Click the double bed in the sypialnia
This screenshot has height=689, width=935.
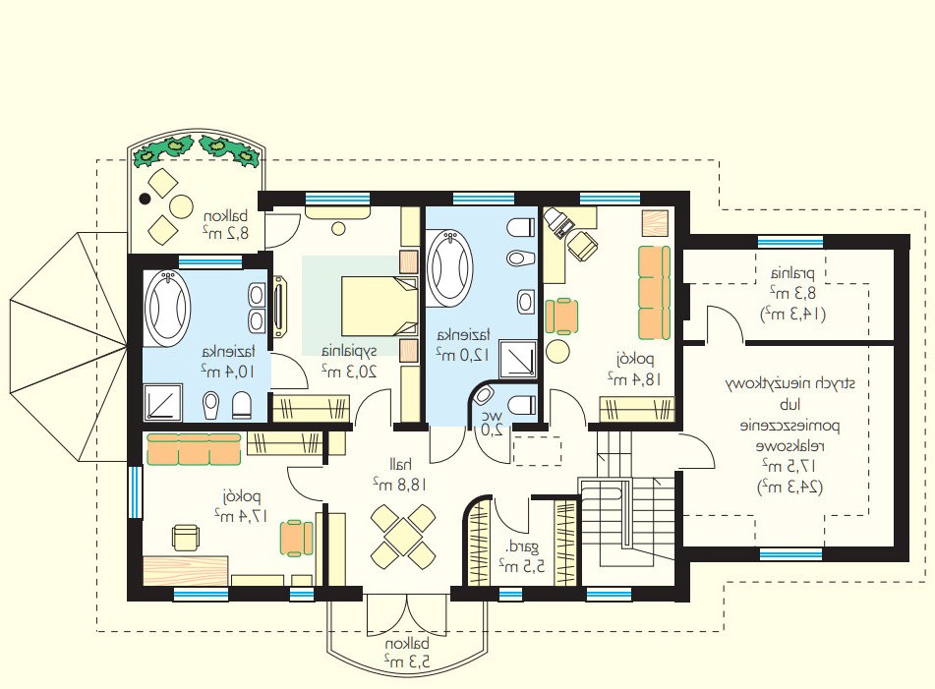coord(380,305)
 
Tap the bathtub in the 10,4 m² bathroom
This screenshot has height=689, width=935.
coord(167,309)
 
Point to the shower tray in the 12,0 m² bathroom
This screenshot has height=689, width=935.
coord(517,359)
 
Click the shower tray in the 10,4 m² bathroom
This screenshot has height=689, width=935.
coord(163,402)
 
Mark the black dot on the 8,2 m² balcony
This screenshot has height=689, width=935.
coord(145,200)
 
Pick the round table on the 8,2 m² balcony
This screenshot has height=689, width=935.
coord(181,205)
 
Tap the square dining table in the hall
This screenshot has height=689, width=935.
coord(402,536)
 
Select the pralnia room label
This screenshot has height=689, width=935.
coord(792,274)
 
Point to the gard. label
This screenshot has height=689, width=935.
coord(522,545)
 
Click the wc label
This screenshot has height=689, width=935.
coord(496,415)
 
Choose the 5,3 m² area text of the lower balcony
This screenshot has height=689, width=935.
coord(406,660)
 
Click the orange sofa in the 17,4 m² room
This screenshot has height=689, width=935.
coord(194,449)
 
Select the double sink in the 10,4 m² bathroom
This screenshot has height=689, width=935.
coord(258,307)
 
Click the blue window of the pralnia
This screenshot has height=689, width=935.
coord(790,242)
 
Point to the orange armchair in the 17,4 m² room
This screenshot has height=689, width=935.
coord(296,538)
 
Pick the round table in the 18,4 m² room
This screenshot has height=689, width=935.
coord(558,351)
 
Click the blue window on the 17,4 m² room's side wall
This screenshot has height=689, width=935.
coord(136,491)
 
